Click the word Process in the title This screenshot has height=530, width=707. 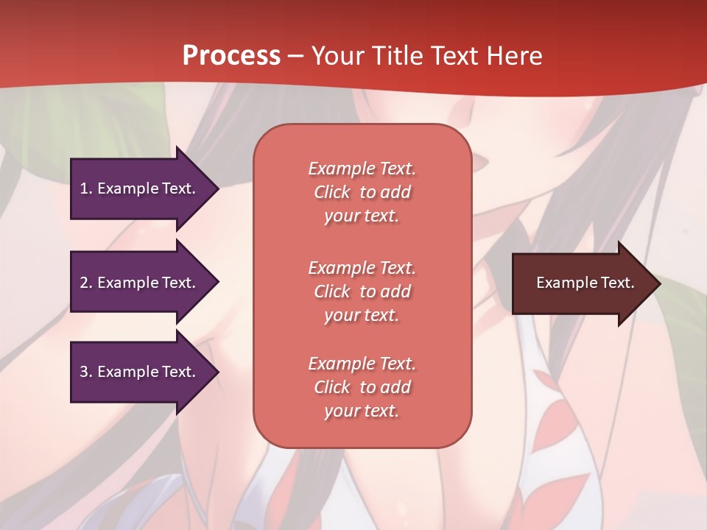coord(231,56)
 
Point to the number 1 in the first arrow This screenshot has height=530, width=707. coord(85,188)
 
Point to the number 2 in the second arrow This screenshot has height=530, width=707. coord(85,283)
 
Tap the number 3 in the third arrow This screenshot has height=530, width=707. coord(85,372)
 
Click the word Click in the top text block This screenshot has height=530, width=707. coord(332,192)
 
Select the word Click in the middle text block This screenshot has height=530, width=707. coord(332,291)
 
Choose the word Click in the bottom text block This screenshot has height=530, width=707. coord(332,387)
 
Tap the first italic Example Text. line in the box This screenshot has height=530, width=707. coord(362,169)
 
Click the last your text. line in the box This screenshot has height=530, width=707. coord(362,411)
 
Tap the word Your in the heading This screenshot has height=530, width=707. coord(340,56)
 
